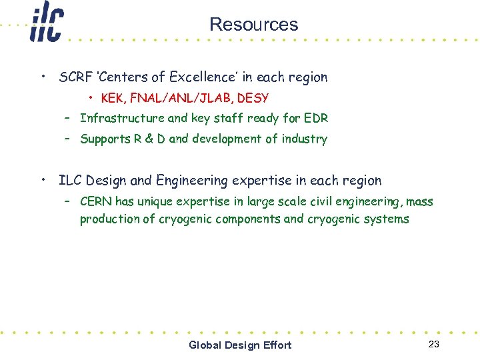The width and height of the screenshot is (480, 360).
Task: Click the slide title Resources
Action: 253,25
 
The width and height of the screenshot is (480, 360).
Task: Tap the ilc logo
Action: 46,23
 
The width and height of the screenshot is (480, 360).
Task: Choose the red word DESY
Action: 253,99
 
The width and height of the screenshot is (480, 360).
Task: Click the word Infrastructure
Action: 122,119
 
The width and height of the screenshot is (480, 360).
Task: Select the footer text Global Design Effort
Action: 240,345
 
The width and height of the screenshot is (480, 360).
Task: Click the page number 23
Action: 434,344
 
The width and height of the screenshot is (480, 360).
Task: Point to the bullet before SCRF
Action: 43,76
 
